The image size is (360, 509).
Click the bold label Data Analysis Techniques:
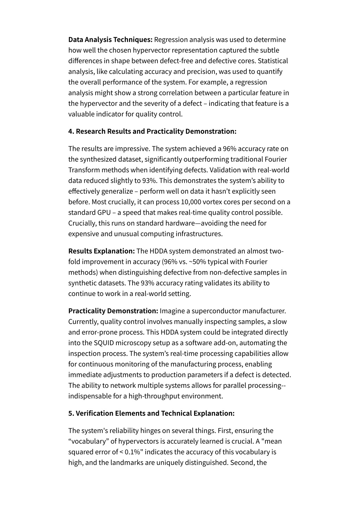pyautogui.click(x=110, y=40)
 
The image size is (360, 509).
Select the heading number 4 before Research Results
pyautogui.click(x=70, y=131)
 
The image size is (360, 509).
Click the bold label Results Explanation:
pyautogui.click(x=101, y=251)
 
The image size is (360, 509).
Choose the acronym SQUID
pyautogui.click(x=104, y=343)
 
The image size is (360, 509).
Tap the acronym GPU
pyautogui.click(x=104, y=213)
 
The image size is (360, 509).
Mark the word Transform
pyautogui.click(x=84, y=170)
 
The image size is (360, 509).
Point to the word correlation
pyautogui.click(x=177, y=93)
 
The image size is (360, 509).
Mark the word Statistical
pyautogui.click(x=272, y=61)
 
